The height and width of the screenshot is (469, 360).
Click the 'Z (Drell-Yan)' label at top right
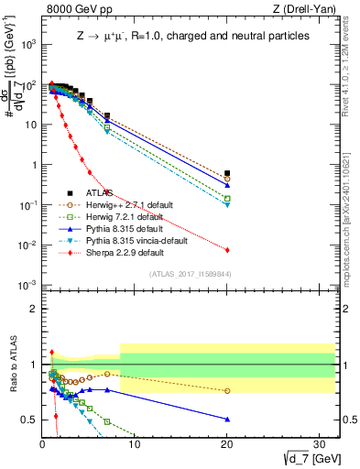coord(305,9)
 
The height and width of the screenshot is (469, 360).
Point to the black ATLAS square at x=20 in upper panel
coord(227,172)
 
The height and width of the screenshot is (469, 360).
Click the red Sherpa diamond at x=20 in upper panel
coord(227,250)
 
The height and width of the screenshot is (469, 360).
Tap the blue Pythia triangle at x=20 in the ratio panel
coord(227,420)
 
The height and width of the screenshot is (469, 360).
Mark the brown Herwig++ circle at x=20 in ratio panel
coord(227,391)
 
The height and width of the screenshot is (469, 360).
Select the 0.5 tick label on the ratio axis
coord(29,420)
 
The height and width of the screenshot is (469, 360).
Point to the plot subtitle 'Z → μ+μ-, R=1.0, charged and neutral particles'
coord(192,37)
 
